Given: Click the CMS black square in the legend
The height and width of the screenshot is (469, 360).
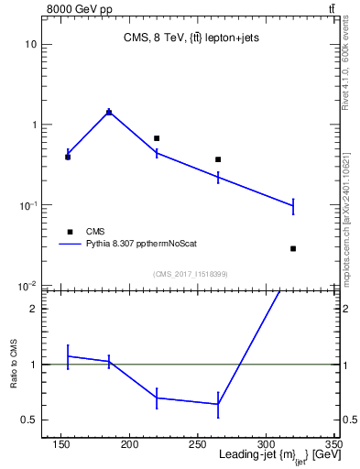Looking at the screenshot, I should [x=68, y=232].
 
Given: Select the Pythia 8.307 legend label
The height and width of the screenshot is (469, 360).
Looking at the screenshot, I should [x=141, y=244].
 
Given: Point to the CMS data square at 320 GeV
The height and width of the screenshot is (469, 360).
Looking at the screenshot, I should [x=293, y=248].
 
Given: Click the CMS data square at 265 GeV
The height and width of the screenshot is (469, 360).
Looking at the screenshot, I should [x=218, y=159].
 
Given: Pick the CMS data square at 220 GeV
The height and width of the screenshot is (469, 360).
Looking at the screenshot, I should [x=157, y=138].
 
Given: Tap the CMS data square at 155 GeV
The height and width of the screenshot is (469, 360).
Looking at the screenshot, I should [x=68, y=157].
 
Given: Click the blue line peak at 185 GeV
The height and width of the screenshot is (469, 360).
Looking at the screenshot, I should [x=109, y=112].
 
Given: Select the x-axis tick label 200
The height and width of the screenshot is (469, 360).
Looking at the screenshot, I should [x=130, y=444].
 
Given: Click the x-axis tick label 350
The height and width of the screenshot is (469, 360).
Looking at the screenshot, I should [x=333, y=444].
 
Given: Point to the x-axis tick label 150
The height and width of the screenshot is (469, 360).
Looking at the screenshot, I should [x=61, y=444].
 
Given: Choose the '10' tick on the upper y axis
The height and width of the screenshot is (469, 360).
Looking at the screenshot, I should [x=30, y=44].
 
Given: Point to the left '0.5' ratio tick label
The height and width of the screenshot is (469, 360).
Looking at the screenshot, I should [x=28, y=420].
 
